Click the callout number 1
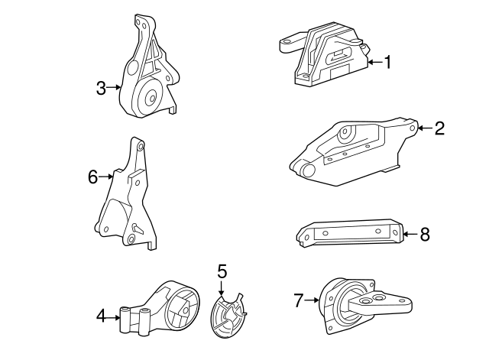click(387, 62)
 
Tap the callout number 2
click(439, 128)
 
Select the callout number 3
click(101, 88)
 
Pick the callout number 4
click(101, 317)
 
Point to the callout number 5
click(222, 271)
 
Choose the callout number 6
click(93, 177)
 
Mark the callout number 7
click(299, 300)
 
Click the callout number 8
click(425, 235)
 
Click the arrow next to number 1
click(376, 63)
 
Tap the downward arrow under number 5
click(221, 288)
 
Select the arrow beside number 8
click(411, 234)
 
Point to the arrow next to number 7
click(312, 300)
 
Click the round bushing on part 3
click(147, 97)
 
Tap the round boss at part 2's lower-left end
click(309, 170)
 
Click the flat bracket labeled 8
click(350, 232)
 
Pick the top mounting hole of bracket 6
click(141, 146)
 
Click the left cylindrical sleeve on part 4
click(125, 319)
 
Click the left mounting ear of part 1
click(290, 44)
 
